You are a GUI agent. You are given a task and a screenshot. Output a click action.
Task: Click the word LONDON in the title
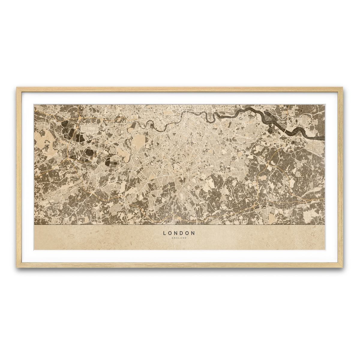179,233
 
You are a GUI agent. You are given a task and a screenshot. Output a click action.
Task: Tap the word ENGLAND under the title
179,238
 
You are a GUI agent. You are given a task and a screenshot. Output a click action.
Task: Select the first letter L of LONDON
165,233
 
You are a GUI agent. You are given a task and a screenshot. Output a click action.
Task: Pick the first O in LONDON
170,233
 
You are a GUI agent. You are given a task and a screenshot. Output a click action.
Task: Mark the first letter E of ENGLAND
173,238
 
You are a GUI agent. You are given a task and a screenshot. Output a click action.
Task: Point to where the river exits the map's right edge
324,138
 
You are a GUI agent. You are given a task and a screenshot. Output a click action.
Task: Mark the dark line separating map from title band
179,225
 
